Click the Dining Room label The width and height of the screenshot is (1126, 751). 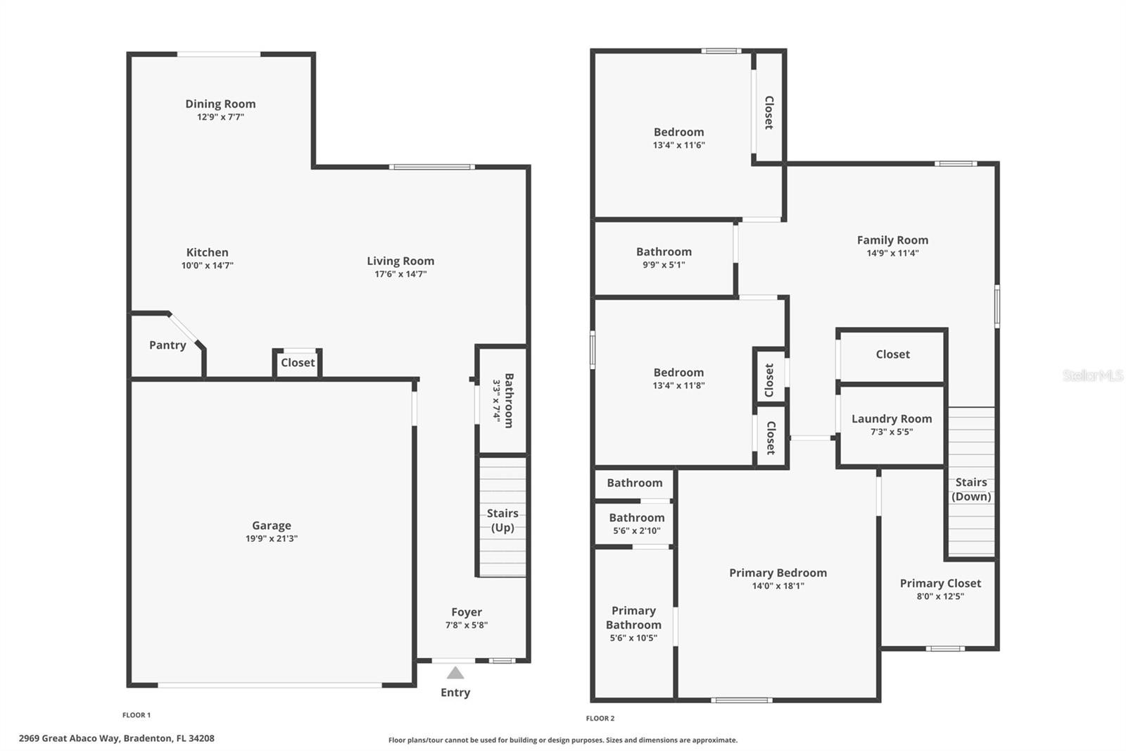(220, 104)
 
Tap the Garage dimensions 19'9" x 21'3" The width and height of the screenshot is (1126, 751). (272, 538)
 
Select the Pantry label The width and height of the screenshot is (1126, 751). (167, 345)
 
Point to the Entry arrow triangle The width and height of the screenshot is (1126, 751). (455, 673)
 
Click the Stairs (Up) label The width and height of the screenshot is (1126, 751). (502, 521)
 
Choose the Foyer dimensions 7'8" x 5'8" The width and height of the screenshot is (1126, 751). (467, 625)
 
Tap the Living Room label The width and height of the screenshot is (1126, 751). (400, 261)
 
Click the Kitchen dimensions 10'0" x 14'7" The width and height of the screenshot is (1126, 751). (208, 266)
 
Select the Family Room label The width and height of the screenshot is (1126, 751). (893, 240)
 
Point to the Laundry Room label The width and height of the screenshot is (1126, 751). (892, 418)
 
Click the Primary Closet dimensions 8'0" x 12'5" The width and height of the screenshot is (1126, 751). (940, 597)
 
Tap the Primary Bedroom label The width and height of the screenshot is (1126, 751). (778, 573)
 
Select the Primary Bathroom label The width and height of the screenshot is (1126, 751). (633, 618)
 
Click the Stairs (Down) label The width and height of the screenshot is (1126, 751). (971, 489)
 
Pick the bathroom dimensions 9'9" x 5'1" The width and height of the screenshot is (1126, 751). (664, 265)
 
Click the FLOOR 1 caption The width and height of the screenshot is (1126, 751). (137, 715)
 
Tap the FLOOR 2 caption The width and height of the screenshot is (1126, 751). (600, 719)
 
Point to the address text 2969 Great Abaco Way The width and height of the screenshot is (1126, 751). (70, 738)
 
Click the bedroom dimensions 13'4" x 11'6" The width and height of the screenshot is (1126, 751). (679, 145)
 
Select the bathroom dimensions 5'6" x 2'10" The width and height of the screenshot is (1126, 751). (637, 530)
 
